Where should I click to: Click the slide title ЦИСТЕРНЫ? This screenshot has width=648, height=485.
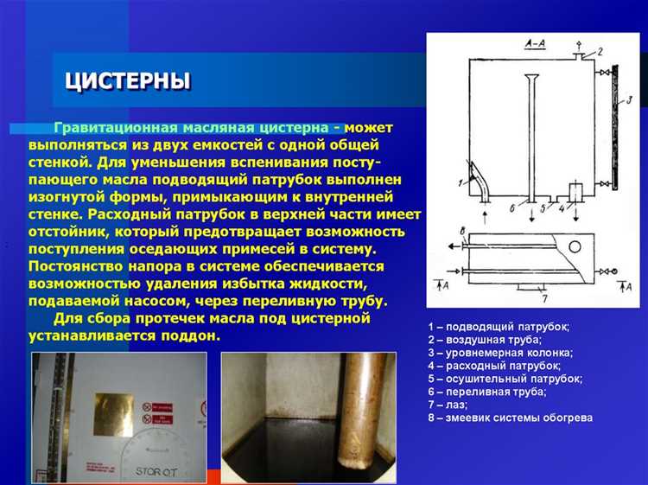pos(128,81)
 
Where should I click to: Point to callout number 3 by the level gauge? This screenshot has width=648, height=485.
pos(629,100)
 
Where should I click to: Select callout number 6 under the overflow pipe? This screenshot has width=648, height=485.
pos(512,207)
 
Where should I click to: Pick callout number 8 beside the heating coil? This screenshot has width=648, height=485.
pos(462,232)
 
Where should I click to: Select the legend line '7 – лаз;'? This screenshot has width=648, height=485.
pos(448,405)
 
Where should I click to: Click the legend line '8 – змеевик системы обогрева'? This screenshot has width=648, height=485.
pos(510,418)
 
